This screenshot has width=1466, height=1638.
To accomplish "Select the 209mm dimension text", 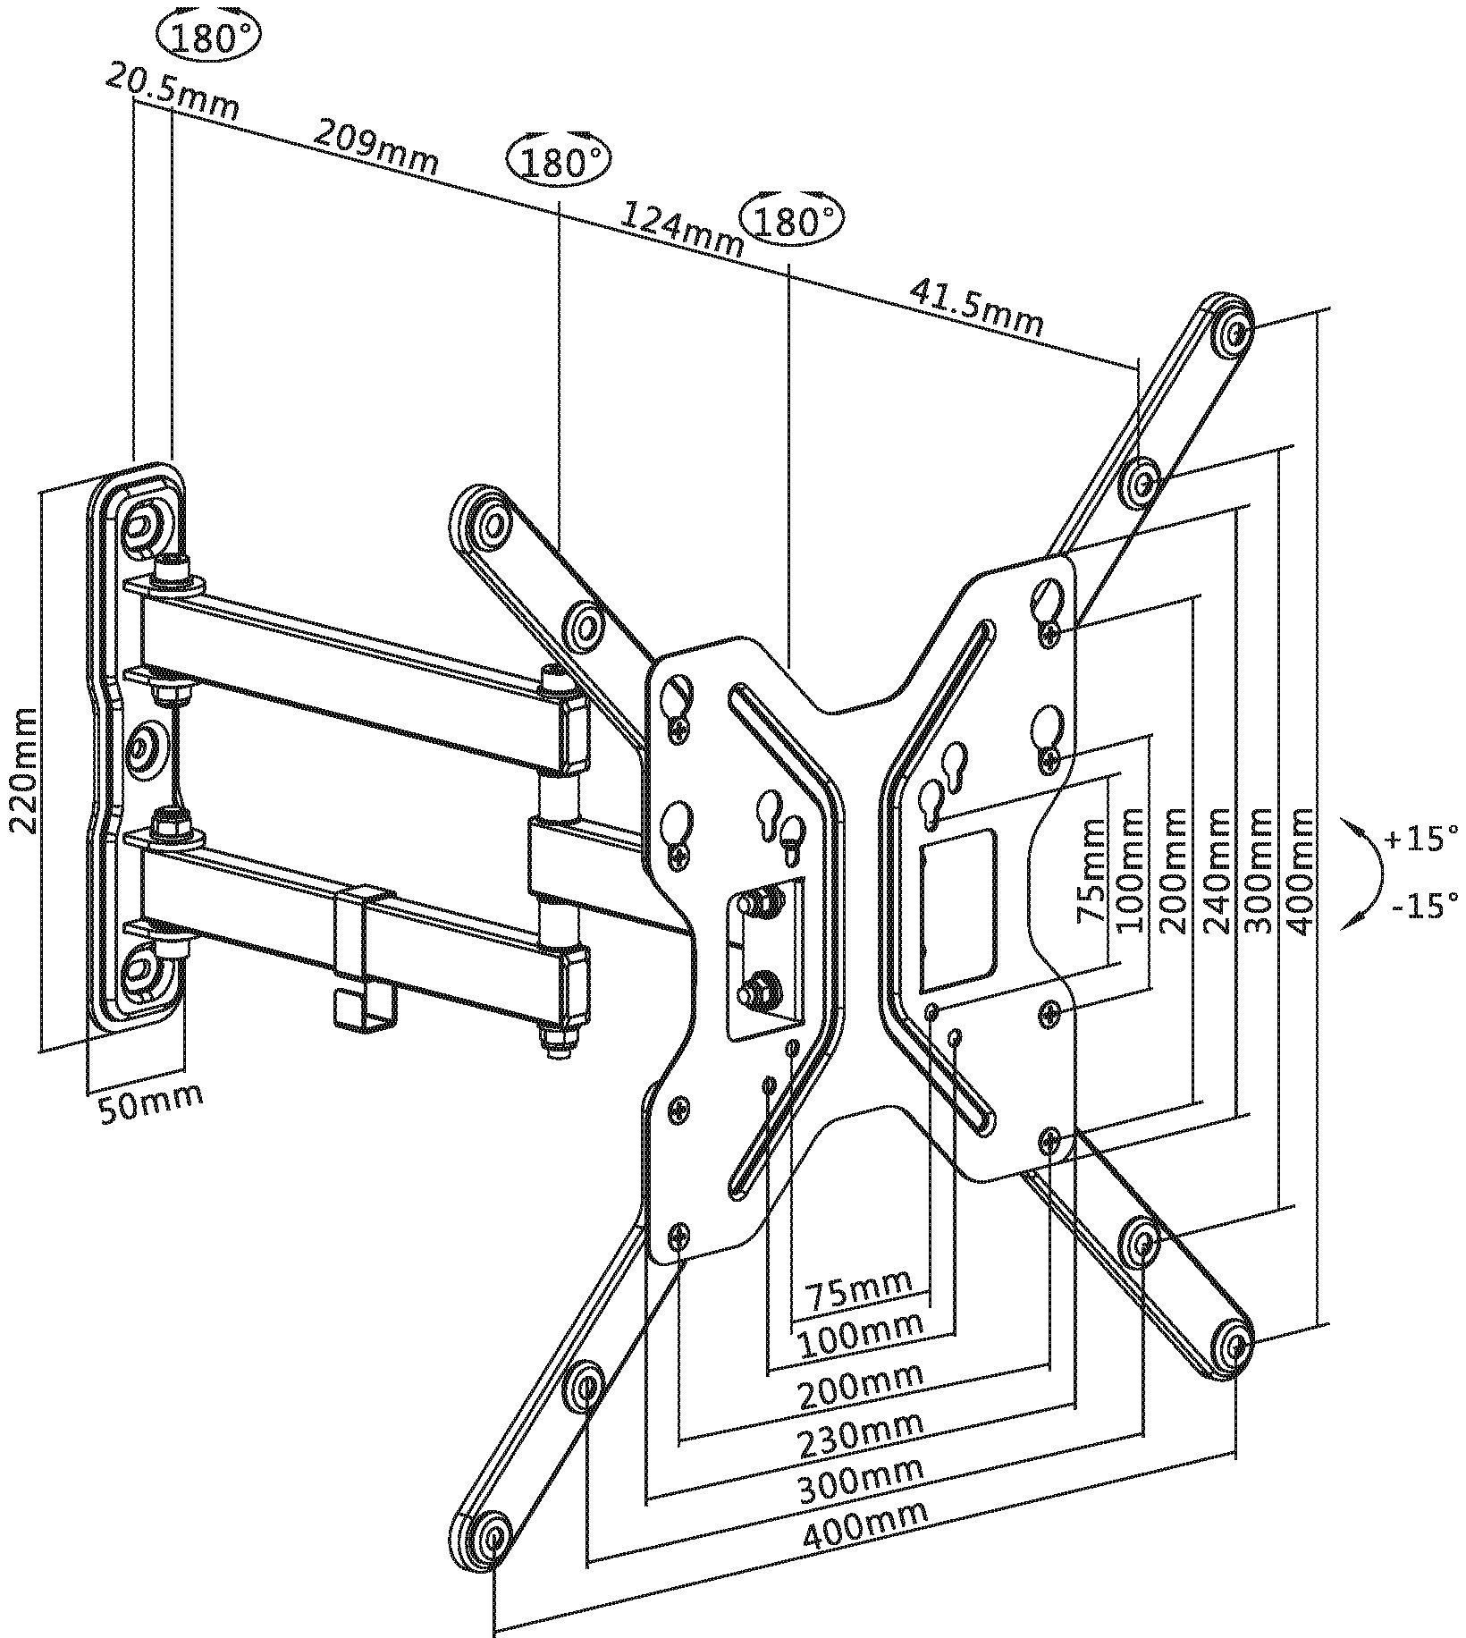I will (x=375, y=148).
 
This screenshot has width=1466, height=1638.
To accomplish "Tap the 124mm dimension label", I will (x=682, y=230).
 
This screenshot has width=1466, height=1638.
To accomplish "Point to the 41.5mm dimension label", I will (x=976, y=307).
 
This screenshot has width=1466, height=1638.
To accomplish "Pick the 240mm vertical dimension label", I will (x=1218, y=872).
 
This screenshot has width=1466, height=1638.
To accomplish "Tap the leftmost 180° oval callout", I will (x=207, y=38).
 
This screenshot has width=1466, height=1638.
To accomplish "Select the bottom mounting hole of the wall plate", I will (x=141, y=968).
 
